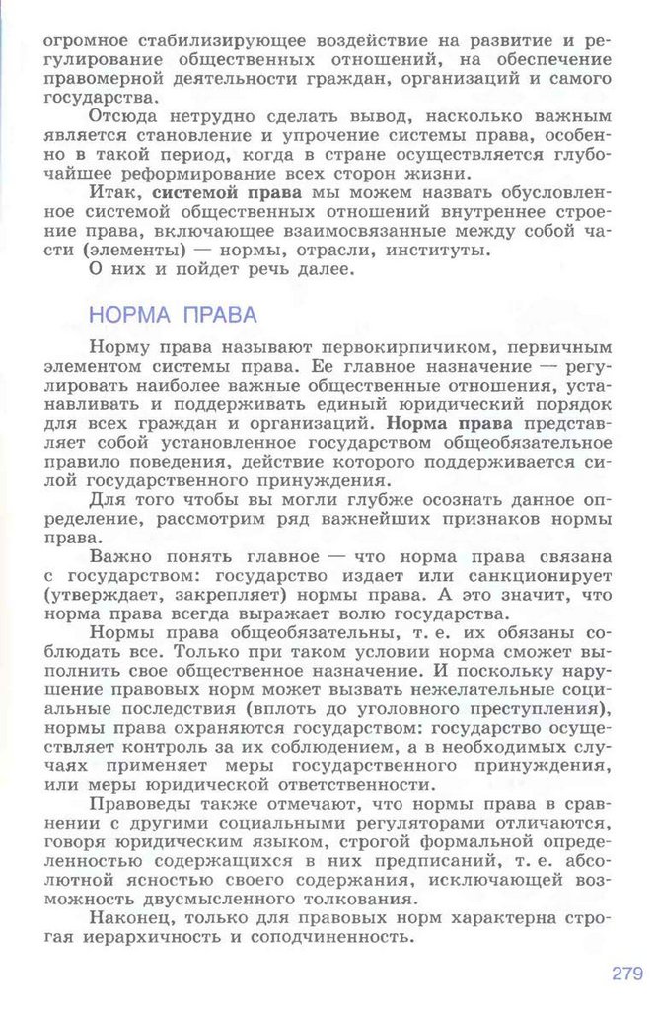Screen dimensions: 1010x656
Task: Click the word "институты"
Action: (x=444, y=248)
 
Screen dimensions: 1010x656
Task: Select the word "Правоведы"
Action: (x=139, y=804)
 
